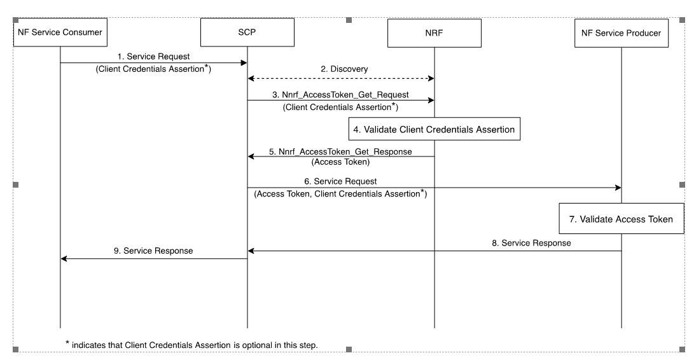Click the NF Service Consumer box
(60, 32)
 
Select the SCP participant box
(247, 32)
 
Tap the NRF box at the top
(434, 32)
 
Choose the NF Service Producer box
(621, 32)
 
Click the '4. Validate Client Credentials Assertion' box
(434, 129)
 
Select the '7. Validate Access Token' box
(621, 219)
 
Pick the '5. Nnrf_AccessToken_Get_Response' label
(340, 151)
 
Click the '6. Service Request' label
(340, 181)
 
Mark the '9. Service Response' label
(153, 251)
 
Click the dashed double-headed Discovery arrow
(340, 79)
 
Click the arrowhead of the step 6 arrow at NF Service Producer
(617, 188)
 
